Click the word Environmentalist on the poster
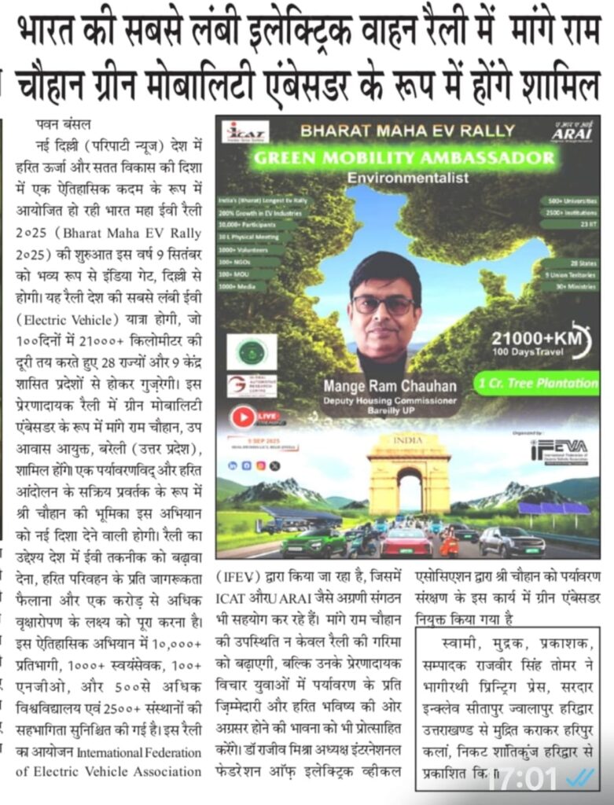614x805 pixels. coord(408,178)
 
